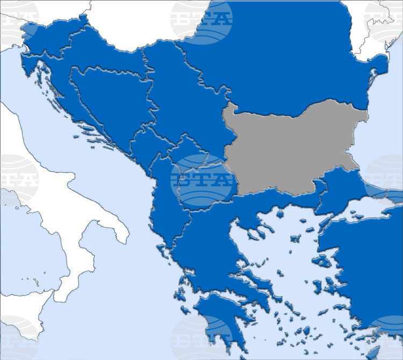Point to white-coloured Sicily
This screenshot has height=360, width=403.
[16, 328]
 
